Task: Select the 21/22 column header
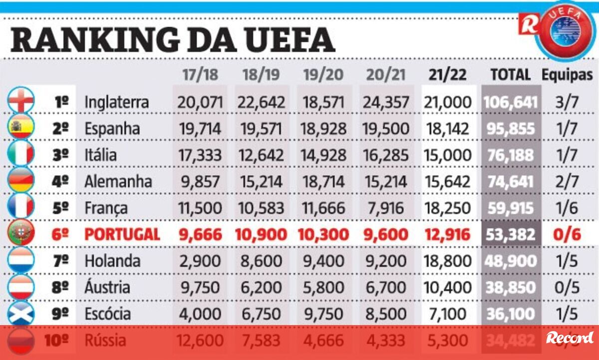[x=447, y=75]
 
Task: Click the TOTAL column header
[x=510, y=75]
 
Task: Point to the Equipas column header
[x=568, y=75]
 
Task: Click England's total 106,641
[x=511, y=102]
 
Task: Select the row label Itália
[x=100, y=155]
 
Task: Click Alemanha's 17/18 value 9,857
[x=199, y=181]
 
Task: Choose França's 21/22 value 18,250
[x=447, y=208]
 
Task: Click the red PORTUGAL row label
[x=122, y=234]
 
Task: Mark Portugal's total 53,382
[x=511, y=234]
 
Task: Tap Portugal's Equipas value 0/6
[x=568, y=234]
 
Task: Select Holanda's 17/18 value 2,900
[x=199, y=261]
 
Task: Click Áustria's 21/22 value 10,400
[x=447, y=287]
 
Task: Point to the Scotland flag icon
[x=21, y=313]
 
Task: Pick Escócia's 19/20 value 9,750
[x=323, y=314]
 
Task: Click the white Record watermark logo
[x=569, y=338]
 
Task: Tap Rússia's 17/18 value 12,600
[x=199, y=341]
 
